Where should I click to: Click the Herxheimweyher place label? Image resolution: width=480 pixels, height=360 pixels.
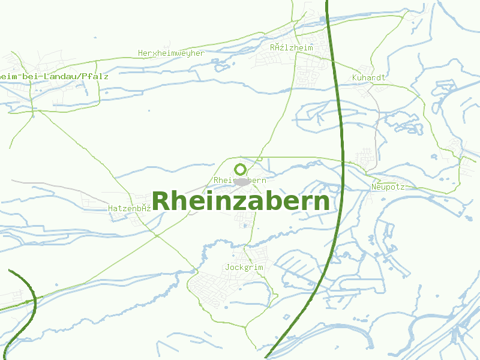point(171,53)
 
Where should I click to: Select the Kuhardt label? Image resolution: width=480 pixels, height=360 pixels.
point(368,78)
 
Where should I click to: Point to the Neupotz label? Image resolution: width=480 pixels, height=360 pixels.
point(388,187)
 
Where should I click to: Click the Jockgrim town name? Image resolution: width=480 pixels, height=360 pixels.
point(244,266)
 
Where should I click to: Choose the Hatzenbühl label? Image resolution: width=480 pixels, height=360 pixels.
point(129,208)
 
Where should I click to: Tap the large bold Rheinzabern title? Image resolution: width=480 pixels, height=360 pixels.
point(241,202)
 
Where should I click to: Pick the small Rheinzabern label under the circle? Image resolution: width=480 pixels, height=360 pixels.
point(239,180)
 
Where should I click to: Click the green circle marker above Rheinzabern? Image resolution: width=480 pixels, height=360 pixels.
point(241,169)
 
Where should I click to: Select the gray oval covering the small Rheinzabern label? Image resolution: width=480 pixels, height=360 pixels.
point(242,181)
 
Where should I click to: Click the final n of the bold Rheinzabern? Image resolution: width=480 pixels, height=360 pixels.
point(321,203)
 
